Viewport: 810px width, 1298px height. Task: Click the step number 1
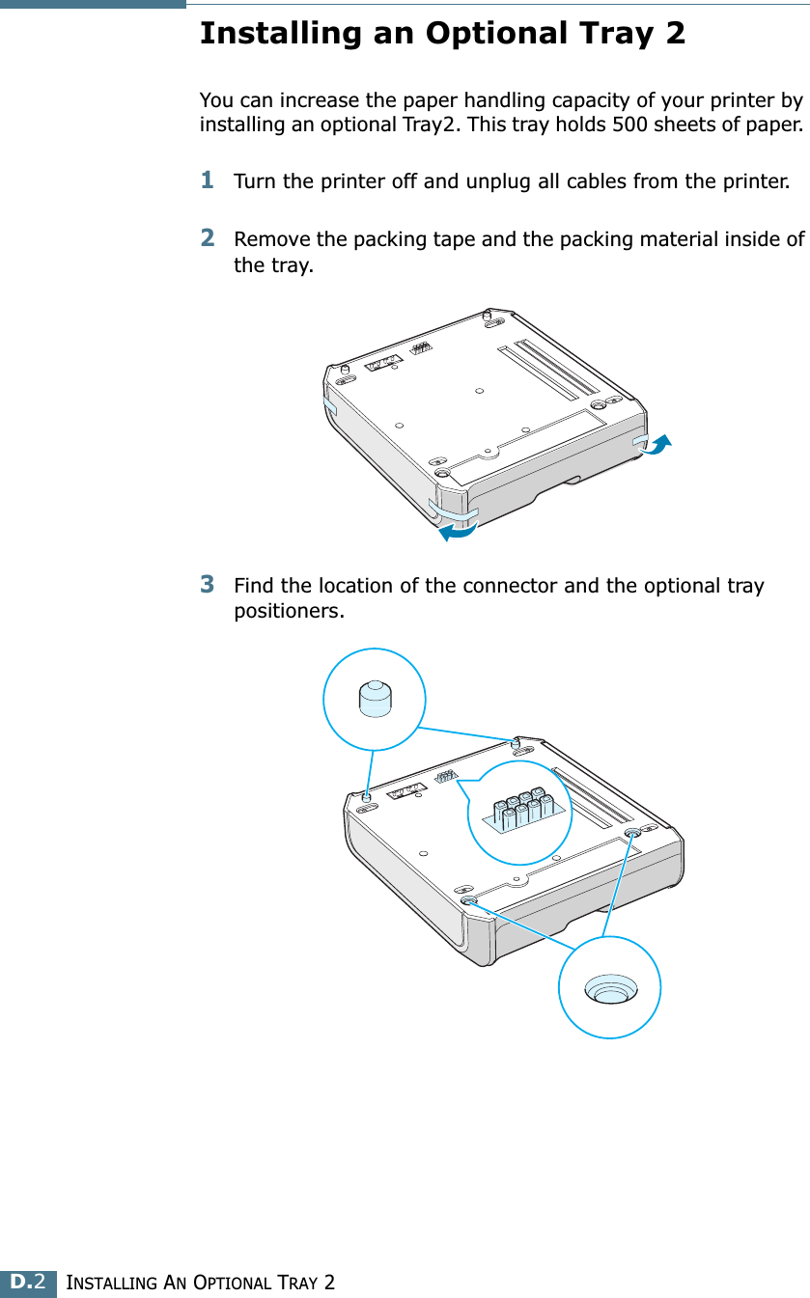click(x=208, y=180)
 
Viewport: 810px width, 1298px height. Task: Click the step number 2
click(x=208, y=236)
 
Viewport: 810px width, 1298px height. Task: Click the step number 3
click(x=208, y=584)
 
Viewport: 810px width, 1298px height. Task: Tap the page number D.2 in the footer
click(x=28, y=1282)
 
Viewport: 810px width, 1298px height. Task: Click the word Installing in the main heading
click(x=269, y=34)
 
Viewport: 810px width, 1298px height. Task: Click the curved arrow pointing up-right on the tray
click(x=655, y=446)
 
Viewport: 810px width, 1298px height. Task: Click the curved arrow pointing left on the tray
click(x=456, y=527)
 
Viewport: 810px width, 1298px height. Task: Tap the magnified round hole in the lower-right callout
click(x=610, y=989)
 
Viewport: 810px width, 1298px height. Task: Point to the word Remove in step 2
click(x=266, y=238)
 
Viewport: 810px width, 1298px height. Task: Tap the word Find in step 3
click(x=253, y=586)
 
